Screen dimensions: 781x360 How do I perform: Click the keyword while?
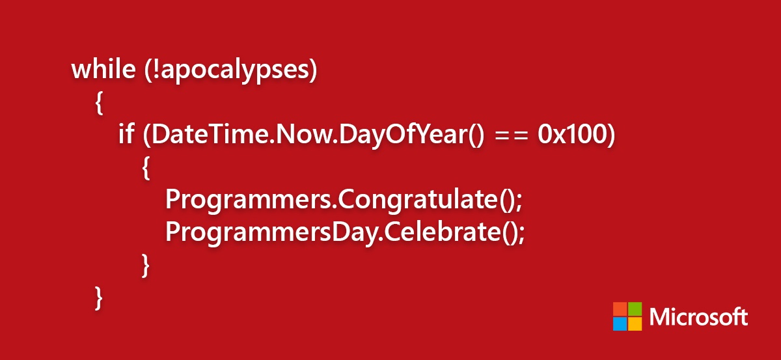(x=103, y=69)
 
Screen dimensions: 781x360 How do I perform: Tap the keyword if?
(x=126, y=133)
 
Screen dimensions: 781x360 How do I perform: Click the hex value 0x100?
(x=572, y=134)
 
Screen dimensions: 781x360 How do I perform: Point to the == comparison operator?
(x=512, y=135)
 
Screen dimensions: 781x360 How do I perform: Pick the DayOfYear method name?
(x=403, y=135)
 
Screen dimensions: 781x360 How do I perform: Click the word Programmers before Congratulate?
(x=248, y=201)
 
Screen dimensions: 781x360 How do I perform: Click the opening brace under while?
(x=100, y=103)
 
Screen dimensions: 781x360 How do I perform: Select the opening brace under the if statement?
(x=146, y=168)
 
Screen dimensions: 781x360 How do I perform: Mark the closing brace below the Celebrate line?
(x=146, y=266)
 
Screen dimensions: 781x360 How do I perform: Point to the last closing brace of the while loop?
(x=99, y=298)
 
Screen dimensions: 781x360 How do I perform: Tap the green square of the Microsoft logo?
(x=635, y=309)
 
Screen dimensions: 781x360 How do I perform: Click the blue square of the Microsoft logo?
(x=620, y=324)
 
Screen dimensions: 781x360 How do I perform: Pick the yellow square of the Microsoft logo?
(x=635, y=324)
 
